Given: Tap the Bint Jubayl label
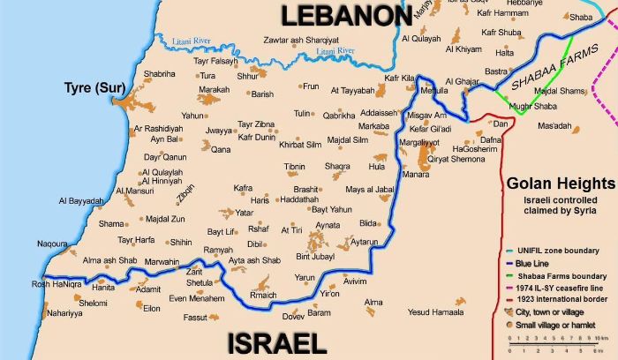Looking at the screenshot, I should (x=315, y=257).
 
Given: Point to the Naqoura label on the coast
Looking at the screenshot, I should (x=52, y=244).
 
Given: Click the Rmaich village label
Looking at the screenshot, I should (x=263, y=295).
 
